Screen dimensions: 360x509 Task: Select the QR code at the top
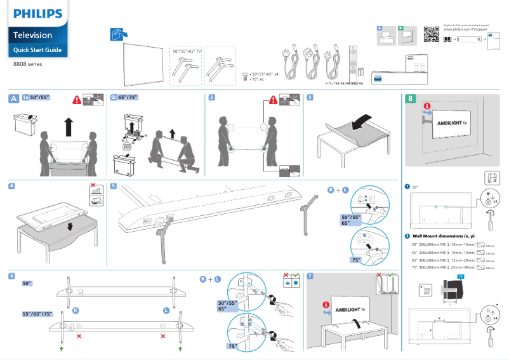click(x=431, y=35)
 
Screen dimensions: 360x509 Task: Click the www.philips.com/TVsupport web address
click(x=465, y=29)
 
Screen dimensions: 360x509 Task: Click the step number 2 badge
click(x=212, y=98)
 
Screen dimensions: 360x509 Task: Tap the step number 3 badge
click(x=309, y=98)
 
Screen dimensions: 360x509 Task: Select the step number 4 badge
click(x=12, y=187)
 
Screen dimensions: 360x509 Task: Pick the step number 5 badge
click(x=113, y=187)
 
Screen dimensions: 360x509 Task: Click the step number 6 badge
click(x=12, y=276)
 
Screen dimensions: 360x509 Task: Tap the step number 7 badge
click(x=309, y=276)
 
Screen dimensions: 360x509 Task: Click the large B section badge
click(x=411, y=99)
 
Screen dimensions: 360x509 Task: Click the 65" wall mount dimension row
click(x=444, y=260)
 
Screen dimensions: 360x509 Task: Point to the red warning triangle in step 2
click(x=272, y=99)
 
